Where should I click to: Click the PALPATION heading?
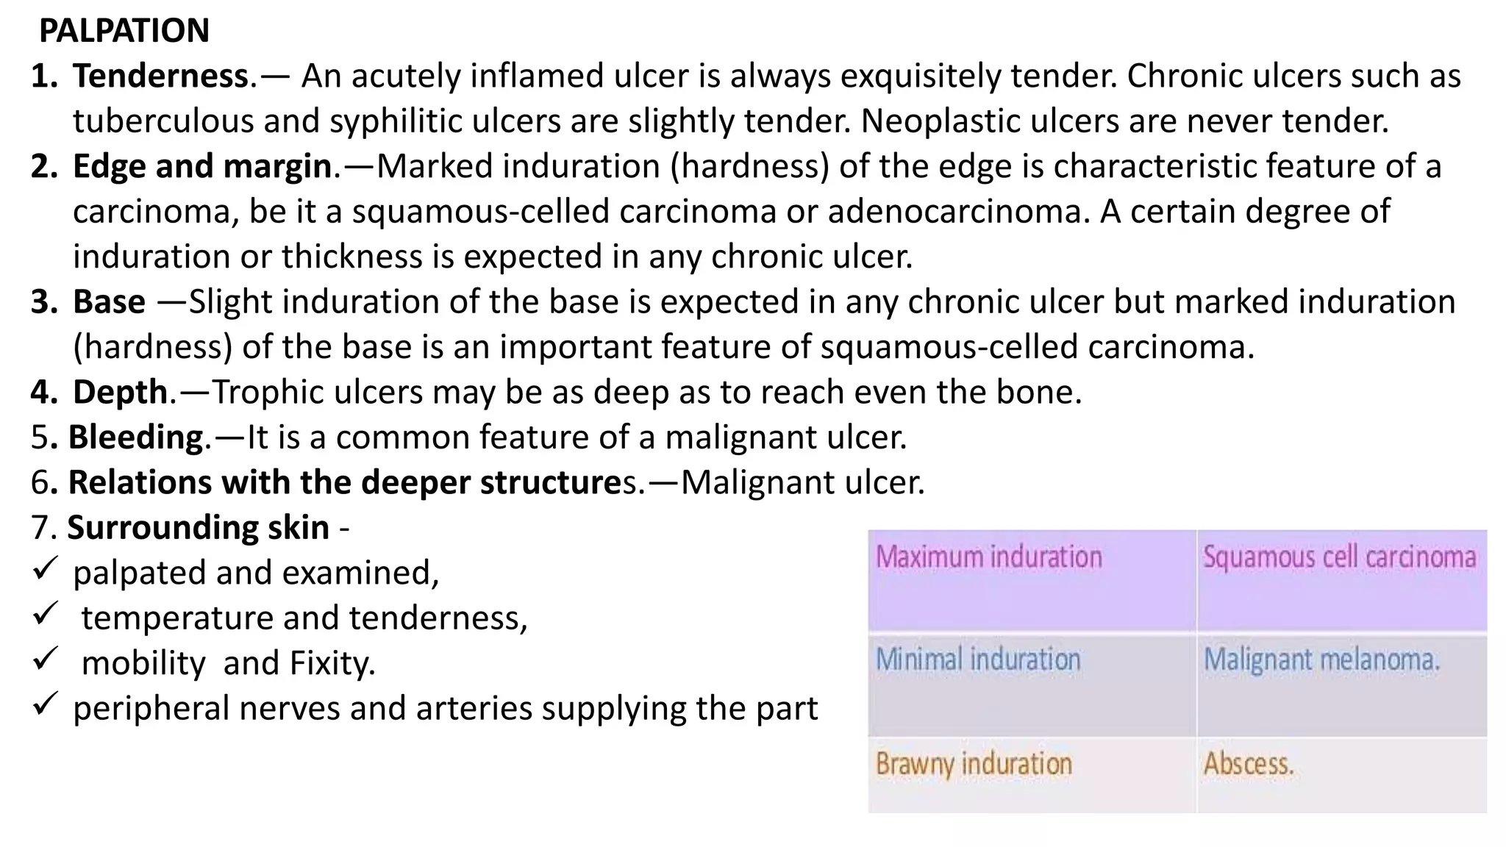[124, 31]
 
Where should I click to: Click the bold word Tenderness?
[160, 76]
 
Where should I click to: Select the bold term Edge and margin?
[202, 166]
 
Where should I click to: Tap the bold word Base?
[109, 302]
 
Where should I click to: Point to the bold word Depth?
[121, 392]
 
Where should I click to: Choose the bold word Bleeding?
[135, 437]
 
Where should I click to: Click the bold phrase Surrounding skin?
[198, 528]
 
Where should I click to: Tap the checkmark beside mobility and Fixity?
[46, 659]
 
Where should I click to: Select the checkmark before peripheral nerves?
[46, 704]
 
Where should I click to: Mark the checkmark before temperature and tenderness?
[46, 614]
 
